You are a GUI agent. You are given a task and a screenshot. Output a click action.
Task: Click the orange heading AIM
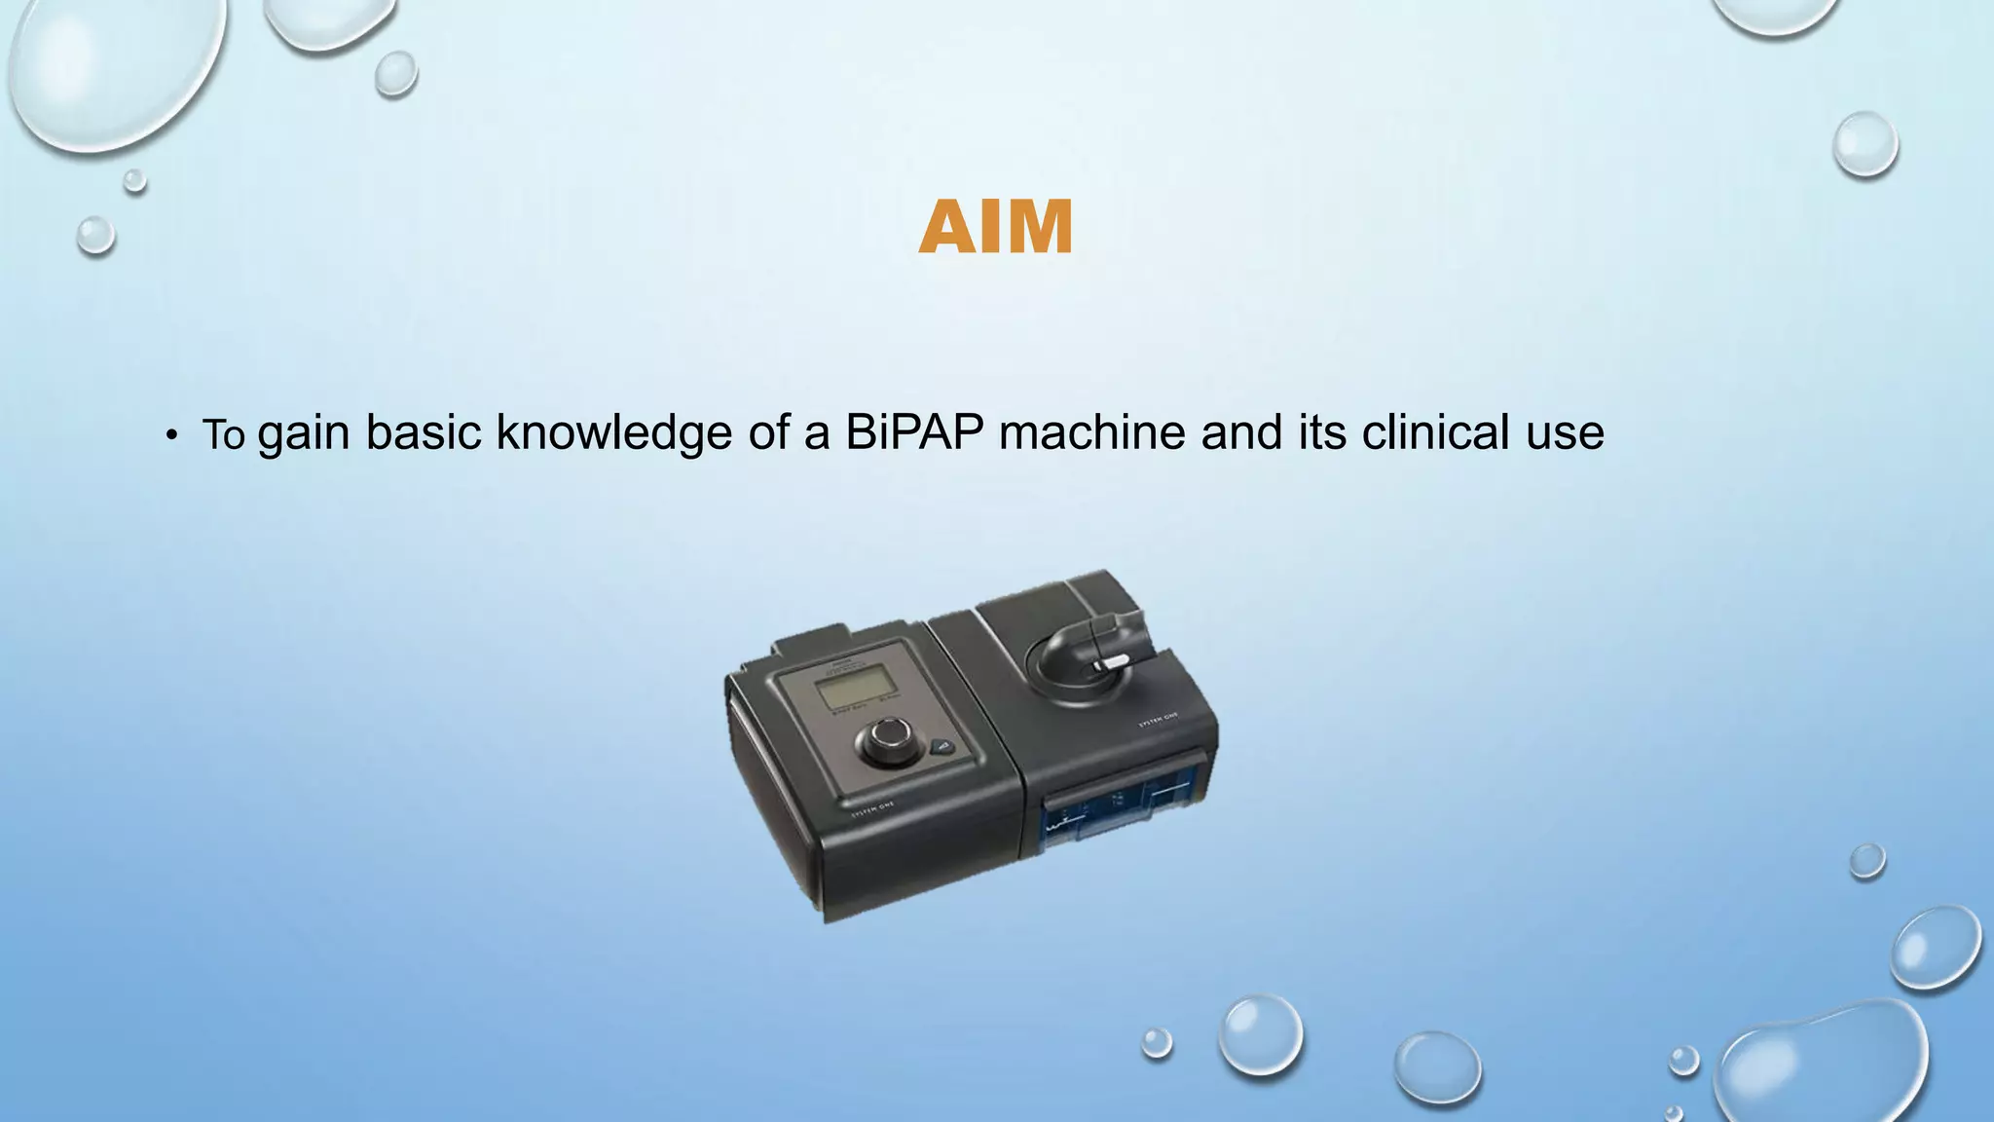(995, 228)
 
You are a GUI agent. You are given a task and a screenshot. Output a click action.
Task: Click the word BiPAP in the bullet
(914, 432)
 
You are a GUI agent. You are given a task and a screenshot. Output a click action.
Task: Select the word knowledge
(613, 432)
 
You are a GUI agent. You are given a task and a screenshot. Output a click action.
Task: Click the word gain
(303, 434)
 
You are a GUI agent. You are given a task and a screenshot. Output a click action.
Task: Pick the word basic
(423, 432)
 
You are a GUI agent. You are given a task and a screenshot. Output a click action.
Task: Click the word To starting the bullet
(223, 434)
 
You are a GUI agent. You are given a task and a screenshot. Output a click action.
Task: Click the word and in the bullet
(1241, 432)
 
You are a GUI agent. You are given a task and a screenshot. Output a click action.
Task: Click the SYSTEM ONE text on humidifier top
(1159, 720)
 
